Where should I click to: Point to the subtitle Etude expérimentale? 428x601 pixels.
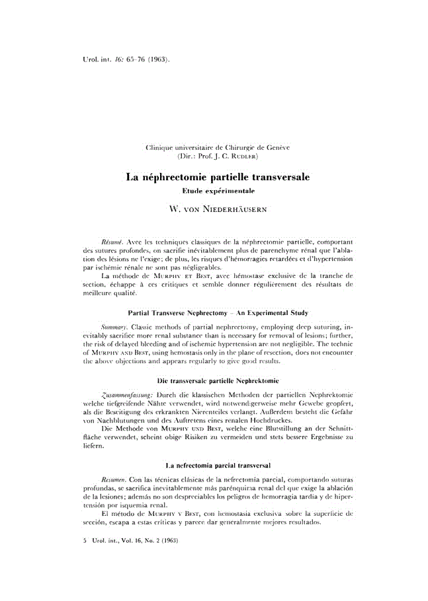[x=218, y=190]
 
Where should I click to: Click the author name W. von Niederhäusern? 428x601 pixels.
[x=218, y=208]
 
